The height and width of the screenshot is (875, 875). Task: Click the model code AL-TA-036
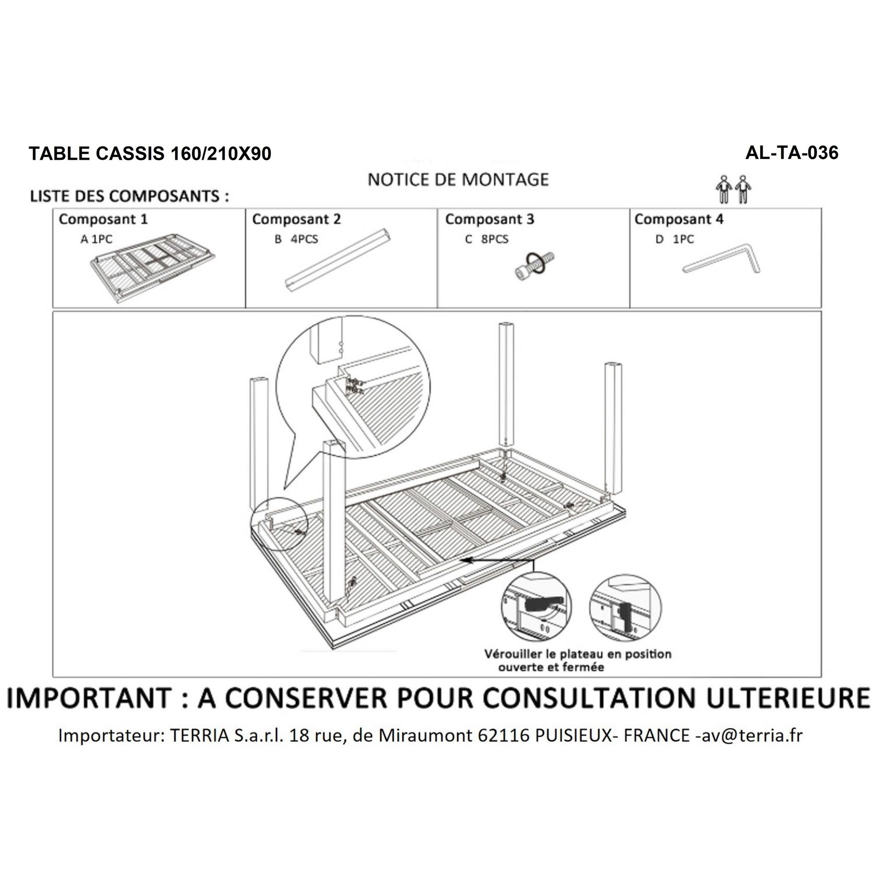tap(792, 153)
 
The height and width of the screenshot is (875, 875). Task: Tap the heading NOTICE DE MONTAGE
tap(458, 180)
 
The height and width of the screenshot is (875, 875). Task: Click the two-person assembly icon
tap(733, 189)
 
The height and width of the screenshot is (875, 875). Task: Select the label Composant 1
tap(103, 219)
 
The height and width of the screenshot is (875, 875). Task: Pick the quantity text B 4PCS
tap(296, 239)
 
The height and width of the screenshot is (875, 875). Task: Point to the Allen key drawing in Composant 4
tap(722, 260)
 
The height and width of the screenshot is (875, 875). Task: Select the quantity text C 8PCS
tap(486, 239)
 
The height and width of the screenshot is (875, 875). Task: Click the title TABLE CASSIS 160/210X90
tap(150, 154)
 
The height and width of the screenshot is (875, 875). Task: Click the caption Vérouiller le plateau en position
tap(578, 654)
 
